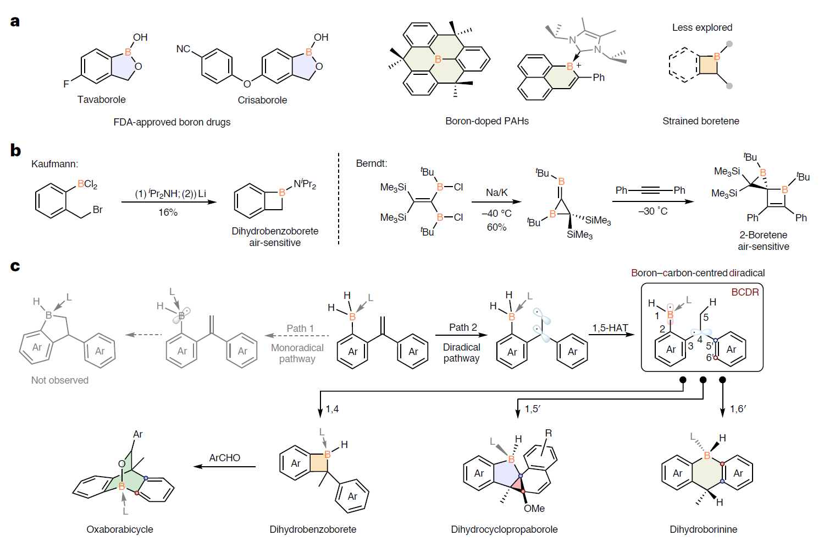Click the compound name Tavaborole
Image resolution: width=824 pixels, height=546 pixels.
[101, 100]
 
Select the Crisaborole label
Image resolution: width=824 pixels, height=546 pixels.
[262, 100]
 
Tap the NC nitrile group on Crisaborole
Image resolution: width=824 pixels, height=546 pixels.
[183, 49]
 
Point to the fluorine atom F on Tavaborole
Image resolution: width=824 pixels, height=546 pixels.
[66, 84]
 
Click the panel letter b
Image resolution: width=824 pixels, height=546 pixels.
[15, 150]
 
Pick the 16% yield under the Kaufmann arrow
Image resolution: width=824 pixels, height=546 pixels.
[168, 212]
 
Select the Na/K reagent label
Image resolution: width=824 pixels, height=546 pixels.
[496, 193]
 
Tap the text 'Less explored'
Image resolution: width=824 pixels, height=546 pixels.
[702, 28]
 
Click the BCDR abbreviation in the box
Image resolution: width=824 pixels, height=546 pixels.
[744, 292]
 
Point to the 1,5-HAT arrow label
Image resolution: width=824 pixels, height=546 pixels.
[610, 328]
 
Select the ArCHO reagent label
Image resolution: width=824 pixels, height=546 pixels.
[224, 458]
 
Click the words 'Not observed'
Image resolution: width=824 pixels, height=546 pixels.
[60, 380]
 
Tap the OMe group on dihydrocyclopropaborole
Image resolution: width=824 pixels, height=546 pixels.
[534, 509]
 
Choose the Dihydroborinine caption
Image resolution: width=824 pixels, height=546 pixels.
[703, 529]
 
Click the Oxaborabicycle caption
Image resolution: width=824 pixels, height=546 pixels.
[120, 529]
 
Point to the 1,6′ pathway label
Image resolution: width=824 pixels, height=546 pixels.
[738, 409]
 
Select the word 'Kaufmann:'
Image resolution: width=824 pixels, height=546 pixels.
[55, 164]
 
